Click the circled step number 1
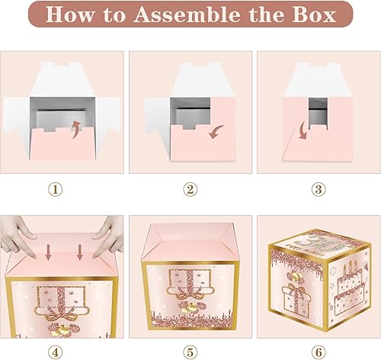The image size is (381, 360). (x=62, y=188)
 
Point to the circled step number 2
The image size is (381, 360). (x=190, y=188)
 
